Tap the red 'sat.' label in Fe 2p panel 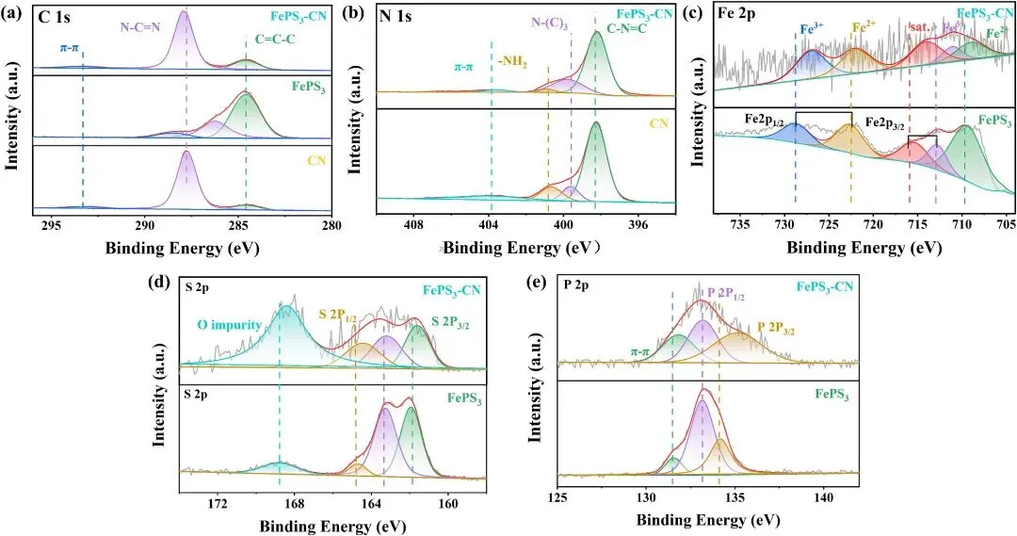[920, 29]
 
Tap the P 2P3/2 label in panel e [777, 327]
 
